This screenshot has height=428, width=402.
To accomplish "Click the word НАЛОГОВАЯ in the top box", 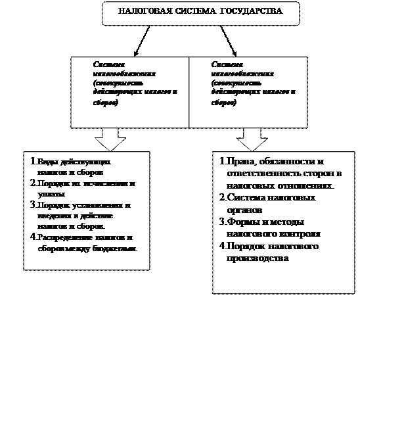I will (x=140, y=12).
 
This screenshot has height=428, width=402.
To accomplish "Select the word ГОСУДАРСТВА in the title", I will (x=252, y=12).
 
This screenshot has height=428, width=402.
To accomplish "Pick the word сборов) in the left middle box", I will (x=106, y=103).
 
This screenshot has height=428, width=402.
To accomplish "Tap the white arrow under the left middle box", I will (x=110, y=139).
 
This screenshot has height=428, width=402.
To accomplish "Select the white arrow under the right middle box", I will (x=252, y=139).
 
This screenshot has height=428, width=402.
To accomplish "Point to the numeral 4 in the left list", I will (x=33, y=237).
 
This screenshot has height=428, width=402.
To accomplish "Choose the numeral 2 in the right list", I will (x=222, y=197).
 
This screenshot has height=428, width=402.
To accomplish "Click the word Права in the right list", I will (x=240, y=162).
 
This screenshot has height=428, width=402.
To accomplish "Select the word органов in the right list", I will (x=244, y=210).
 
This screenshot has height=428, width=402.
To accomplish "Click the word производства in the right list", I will (x=257, y=258).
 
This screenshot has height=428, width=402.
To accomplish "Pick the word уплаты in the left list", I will (x=51, y=195).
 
